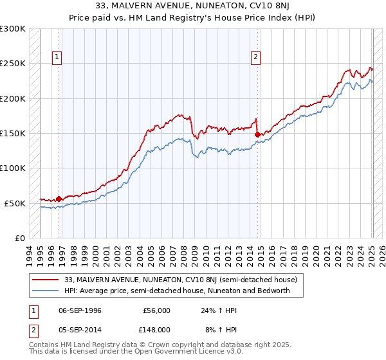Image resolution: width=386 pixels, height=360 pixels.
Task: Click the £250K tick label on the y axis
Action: (x=13, y=64)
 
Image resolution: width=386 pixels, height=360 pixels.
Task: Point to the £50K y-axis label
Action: (x=15, y=203)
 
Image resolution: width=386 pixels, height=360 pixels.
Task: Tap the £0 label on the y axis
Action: (x=20, y=238)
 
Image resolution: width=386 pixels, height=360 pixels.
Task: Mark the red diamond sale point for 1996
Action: (x=59, y=199)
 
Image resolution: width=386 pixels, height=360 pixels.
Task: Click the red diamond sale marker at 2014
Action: (x=257, y=134)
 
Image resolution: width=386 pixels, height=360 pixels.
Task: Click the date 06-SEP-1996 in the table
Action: (x=80, y=310)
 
